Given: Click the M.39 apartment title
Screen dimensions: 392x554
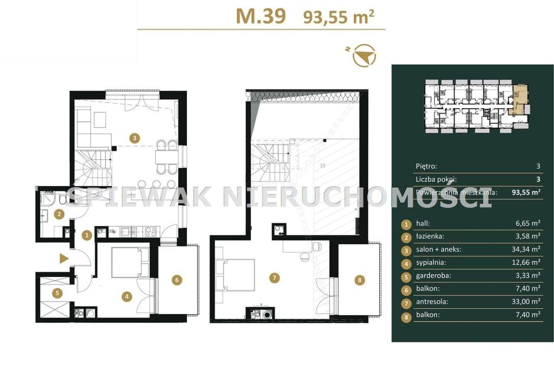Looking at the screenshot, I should tap(261, 16).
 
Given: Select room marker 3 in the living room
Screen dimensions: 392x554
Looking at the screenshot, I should tap(135, 139).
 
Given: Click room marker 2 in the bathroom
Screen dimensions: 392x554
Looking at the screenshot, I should tap(59, 213).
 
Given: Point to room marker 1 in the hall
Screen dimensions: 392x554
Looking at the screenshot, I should tap(87, 235).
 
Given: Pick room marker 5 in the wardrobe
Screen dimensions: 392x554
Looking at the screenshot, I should tap(57, 293).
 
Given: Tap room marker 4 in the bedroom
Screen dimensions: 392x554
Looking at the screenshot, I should tap(126, 297).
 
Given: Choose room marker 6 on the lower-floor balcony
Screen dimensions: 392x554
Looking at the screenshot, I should tap(176, 280).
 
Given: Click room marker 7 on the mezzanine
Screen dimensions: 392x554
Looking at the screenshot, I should tap(273, 278).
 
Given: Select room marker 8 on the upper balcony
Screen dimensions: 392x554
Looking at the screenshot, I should tap(359, 280).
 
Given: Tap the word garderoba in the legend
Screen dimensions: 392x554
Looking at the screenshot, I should tap(431, 275).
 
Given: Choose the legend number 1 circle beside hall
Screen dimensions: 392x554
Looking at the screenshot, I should tap(406, 224).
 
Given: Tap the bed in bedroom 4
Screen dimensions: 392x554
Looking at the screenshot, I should tap(130, 262).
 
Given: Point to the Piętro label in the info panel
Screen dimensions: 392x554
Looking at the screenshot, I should tap(426, 166).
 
